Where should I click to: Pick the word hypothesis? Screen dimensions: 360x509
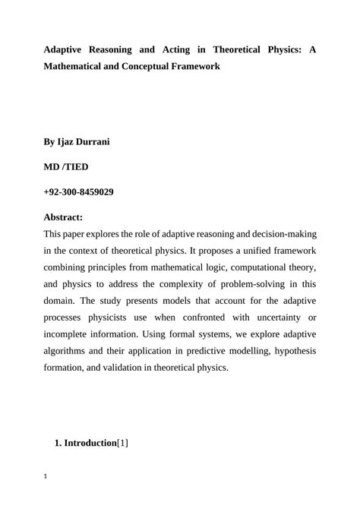tap(292, 351)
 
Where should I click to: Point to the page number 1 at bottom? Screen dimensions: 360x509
tap(46, 477)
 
